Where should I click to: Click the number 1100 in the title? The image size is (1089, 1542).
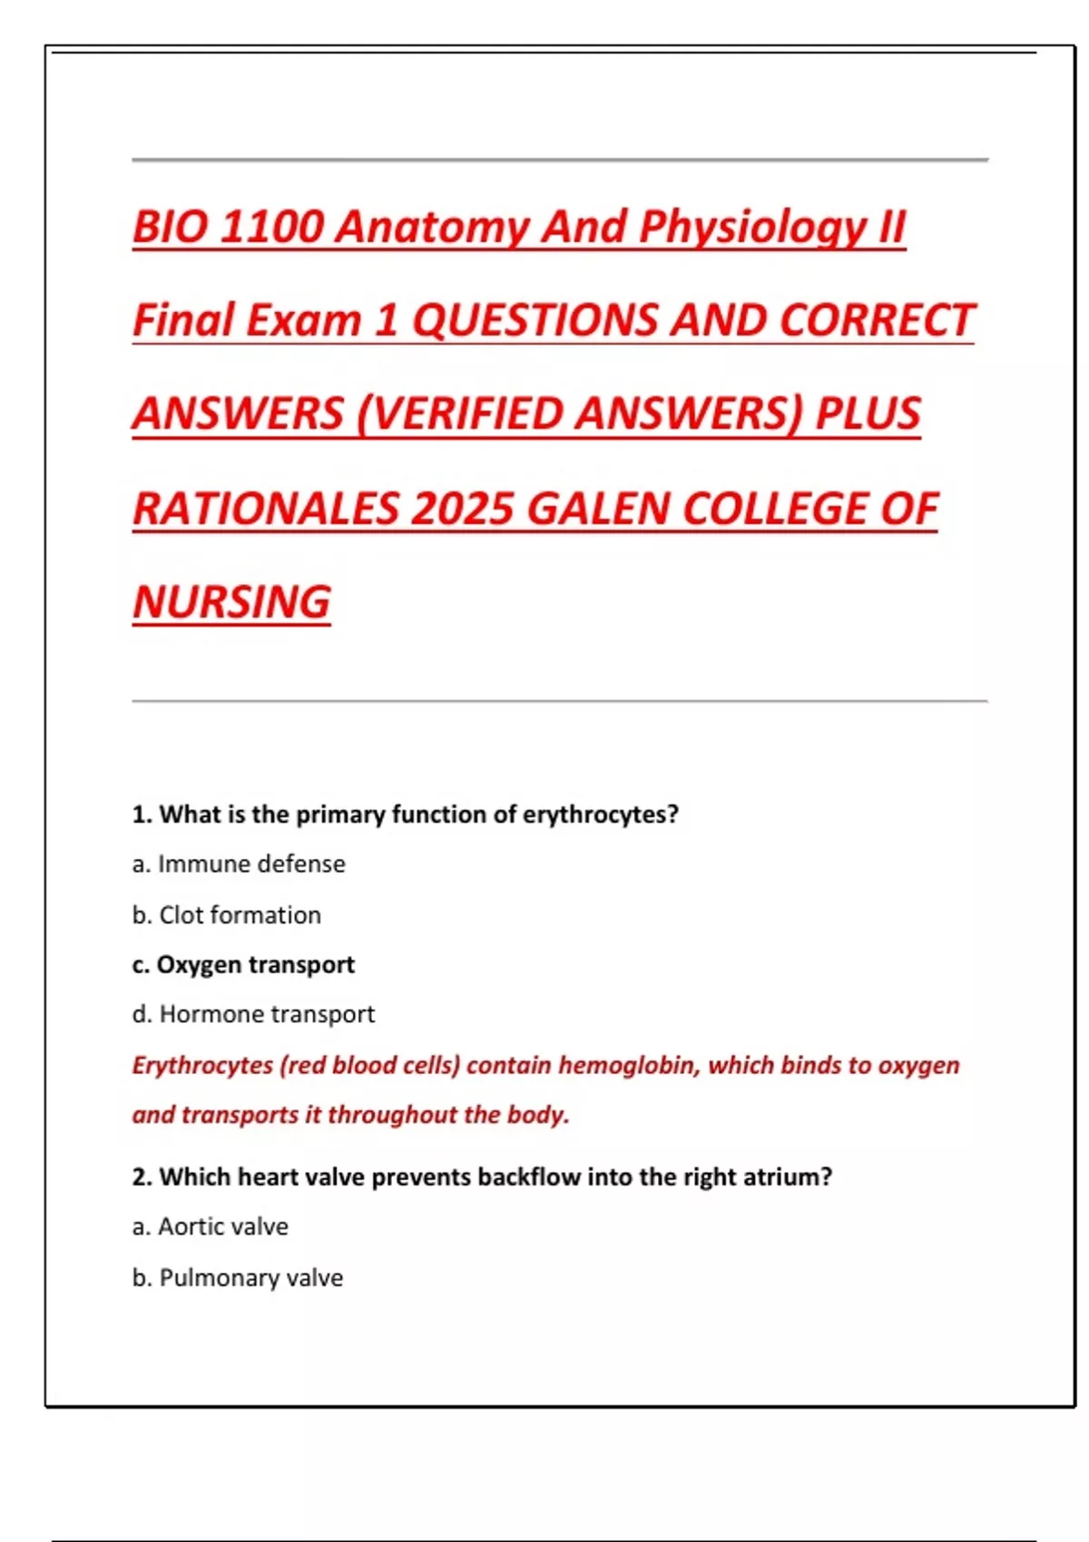[x=270, y=227]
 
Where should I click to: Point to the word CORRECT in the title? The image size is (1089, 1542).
[x=876, y=320]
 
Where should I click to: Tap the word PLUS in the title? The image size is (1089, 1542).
[x=868, y=415]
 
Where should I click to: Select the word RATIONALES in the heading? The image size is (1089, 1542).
[x=266, y=509]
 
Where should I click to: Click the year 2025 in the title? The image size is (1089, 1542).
[x=462, y=509]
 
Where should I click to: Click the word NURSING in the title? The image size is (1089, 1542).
[x=232, y=602]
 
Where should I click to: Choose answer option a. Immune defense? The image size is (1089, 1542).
[x=239, y=864]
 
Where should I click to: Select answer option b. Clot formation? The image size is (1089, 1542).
[x=227, y=915]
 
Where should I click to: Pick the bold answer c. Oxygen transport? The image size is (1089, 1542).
[x=243, y=965]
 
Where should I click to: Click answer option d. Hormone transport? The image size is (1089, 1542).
[x=253, y=1014]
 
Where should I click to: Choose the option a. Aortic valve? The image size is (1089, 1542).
[x=211, y=1227]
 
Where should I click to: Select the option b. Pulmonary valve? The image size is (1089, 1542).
[x=238, y=1278]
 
